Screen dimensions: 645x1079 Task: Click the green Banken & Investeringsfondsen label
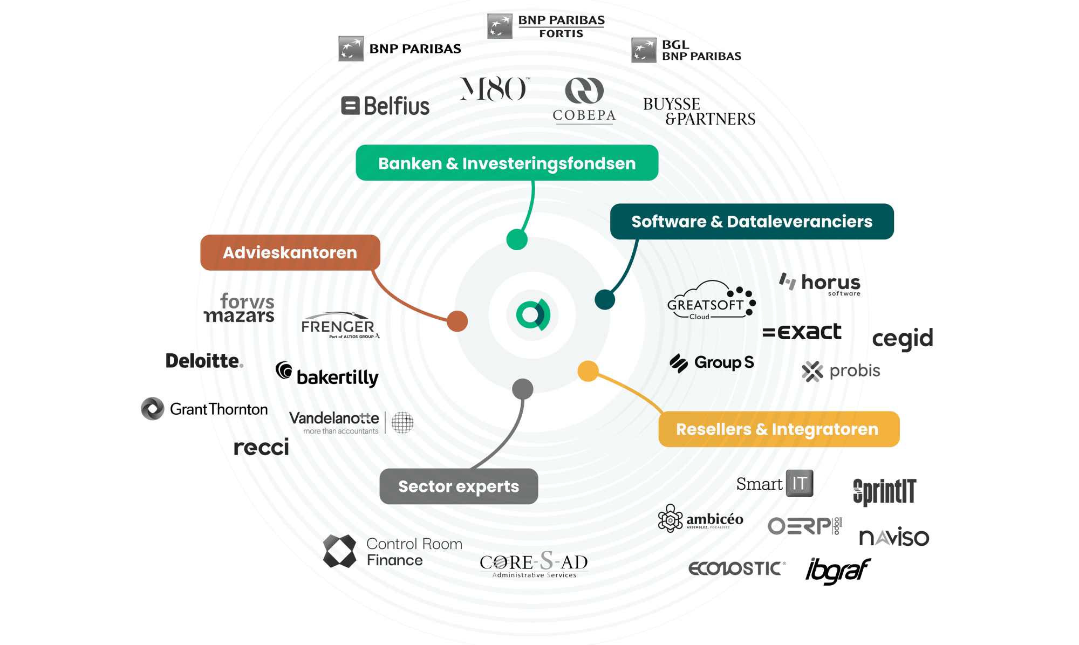(507, 163)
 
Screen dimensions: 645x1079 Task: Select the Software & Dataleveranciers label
(752, 222)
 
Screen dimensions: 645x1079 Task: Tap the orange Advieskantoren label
(290, 252)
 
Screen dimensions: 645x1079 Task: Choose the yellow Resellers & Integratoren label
(778, 429)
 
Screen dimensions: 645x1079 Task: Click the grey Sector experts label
(459, 486)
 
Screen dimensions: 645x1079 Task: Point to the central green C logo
(532, 315)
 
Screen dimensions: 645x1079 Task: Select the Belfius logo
(386, 106)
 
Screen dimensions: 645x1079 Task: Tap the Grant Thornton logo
(204, 409)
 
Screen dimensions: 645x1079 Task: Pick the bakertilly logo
(327, 375)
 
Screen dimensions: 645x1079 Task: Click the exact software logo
(802, 332)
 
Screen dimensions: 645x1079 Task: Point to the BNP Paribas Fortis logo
(546, 26)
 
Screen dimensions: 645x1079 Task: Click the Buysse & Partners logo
(699, 112)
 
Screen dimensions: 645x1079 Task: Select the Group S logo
(712, 362)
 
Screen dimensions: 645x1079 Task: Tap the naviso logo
(894, 537)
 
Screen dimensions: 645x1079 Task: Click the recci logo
(262, 447)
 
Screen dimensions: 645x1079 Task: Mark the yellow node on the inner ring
(588, 371)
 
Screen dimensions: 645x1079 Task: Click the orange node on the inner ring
(457, 321)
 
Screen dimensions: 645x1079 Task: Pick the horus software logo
(821, 283)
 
